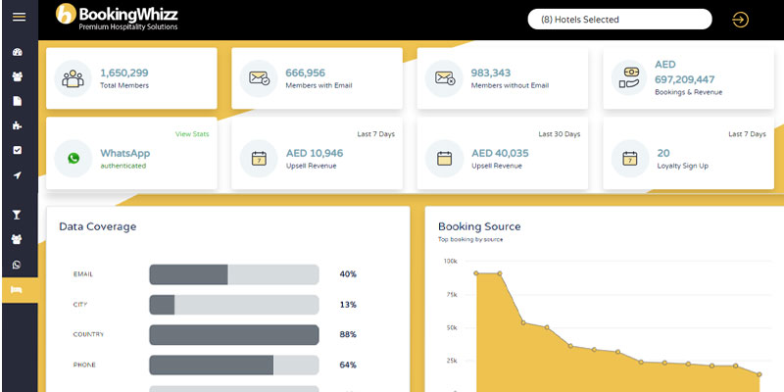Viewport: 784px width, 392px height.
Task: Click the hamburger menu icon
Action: click(x=18, y=18)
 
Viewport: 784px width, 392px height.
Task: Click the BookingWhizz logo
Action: click(x=116, y=17)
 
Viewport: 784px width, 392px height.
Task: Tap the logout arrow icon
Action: click(x=740, y=20)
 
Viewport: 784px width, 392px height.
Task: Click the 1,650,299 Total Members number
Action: click(x=124, y=73)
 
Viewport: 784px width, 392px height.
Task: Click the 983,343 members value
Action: click(x=492, y=73)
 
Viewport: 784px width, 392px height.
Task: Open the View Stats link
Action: click(x=192, y=133)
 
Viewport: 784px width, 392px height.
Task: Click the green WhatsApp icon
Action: click(x=73, y=158)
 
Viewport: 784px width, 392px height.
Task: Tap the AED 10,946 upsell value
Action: click(x=315, y=153)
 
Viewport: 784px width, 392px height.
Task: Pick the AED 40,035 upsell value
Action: click(x=500, y=153)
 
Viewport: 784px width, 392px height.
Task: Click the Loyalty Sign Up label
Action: click(x=683, y=166)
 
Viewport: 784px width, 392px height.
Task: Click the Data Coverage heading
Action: click(x=98, y=226)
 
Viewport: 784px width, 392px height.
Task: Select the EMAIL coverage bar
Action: click(x=233, y=274)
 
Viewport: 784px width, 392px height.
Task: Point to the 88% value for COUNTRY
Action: click(x=348, y=334)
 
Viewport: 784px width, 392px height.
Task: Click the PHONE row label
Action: click(x=84, y=365)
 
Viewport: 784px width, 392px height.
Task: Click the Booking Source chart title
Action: click(x=479, y=226)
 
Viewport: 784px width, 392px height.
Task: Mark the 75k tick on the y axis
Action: click(x=451, y=295)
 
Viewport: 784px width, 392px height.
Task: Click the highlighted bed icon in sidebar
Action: click(x=17, y=290)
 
